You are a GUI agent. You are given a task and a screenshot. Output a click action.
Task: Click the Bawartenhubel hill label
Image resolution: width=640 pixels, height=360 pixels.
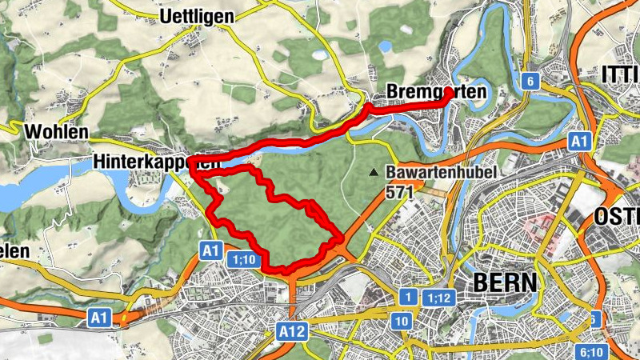tap(442, 172)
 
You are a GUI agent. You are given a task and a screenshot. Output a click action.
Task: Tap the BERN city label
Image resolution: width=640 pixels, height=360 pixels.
tap(506, 282)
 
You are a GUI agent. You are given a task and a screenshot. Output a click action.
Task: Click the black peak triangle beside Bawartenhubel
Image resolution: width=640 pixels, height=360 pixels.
tap(373, 172)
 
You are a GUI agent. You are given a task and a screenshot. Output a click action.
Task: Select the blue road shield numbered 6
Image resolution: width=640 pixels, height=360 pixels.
tap(529, 82)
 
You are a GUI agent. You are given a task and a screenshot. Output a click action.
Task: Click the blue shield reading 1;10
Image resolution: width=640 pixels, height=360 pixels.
tap(243, 259)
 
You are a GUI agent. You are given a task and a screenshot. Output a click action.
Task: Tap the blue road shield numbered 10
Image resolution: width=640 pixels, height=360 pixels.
tap(402, 321)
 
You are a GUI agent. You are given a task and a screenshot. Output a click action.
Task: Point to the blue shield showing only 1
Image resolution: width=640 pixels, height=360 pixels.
tap(408, 298)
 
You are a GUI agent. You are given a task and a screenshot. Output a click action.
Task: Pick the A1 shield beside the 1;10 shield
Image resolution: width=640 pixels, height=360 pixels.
tap(210, 251)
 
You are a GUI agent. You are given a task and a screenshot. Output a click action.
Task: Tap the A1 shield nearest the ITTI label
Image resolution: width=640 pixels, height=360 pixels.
tap(579, 142)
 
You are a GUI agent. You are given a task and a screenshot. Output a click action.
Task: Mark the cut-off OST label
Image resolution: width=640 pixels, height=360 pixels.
tap(617, 217)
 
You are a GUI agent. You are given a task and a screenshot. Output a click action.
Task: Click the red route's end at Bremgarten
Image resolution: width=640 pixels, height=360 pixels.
tap(448, 94)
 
